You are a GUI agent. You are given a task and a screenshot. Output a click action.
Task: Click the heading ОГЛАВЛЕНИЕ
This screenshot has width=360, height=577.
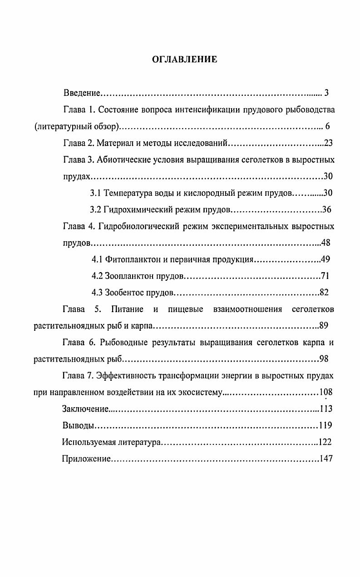point(184,60)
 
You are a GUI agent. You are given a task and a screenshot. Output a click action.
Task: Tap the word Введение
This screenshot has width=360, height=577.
point(81,93)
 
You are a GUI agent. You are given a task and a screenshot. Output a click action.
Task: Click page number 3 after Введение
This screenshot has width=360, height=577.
point(326,93)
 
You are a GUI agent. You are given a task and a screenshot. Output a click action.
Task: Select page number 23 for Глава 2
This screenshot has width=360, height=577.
point(329,143)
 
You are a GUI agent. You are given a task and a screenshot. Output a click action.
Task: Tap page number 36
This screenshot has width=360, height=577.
point(327,210)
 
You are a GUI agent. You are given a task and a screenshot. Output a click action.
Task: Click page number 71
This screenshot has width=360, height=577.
point(325,276)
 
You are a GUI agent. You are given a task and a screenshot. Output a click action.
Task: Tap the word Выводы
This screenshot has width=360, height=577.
point(79,426)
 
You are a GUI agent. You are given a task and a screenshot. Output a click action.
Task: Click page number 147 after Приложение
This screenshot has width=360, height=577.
point(326,459)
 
